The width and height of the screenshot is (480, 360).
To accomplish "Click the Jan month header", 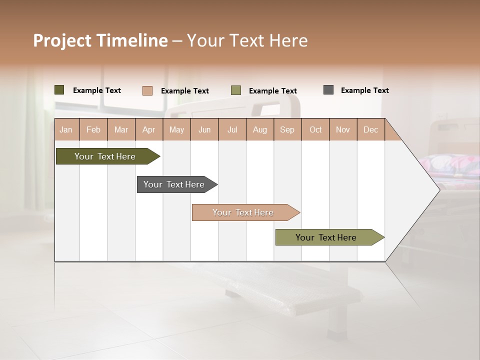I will [66, 129].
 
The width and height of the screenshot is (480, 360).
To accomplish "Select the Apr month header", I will [148, 129].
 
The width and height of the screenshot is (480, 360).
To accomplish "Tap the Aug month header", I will [259, 129].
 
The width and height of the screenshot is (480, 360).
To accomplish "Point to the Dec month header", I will [370, 129].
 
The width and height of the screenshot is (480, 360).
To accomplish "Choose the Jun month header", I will [204, 129].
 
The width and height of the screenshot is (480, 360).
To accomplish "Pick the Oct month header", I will [315, 129].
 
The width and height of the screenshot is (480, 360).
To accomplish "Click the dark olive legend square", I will [59, 90].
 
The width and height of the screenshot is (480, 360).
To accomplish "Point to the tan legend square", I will [147, 90].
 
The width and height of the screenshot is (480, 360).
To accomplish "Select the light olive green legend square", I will [236, 90].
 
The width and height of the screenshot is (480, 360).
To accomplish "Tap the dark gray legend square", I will [328, 90].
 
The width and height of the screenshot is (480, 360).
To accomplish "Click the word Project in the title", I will [62, 40].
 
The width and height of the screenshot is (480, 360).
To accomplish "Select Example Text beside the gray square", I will [364, 90].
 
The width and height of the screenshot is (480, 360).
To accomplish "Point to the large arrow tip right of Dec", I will [425, 189].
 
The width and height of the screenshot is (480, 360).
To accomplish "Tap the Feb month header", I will [93, 129].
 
